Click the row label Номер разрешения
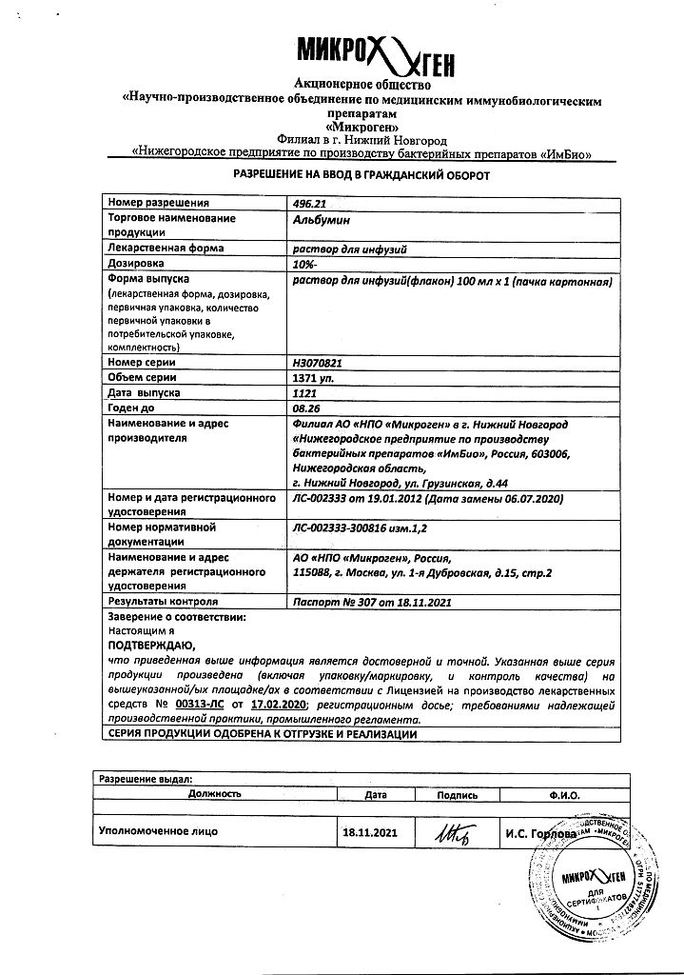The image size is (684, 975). click(x=158, y=203)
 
